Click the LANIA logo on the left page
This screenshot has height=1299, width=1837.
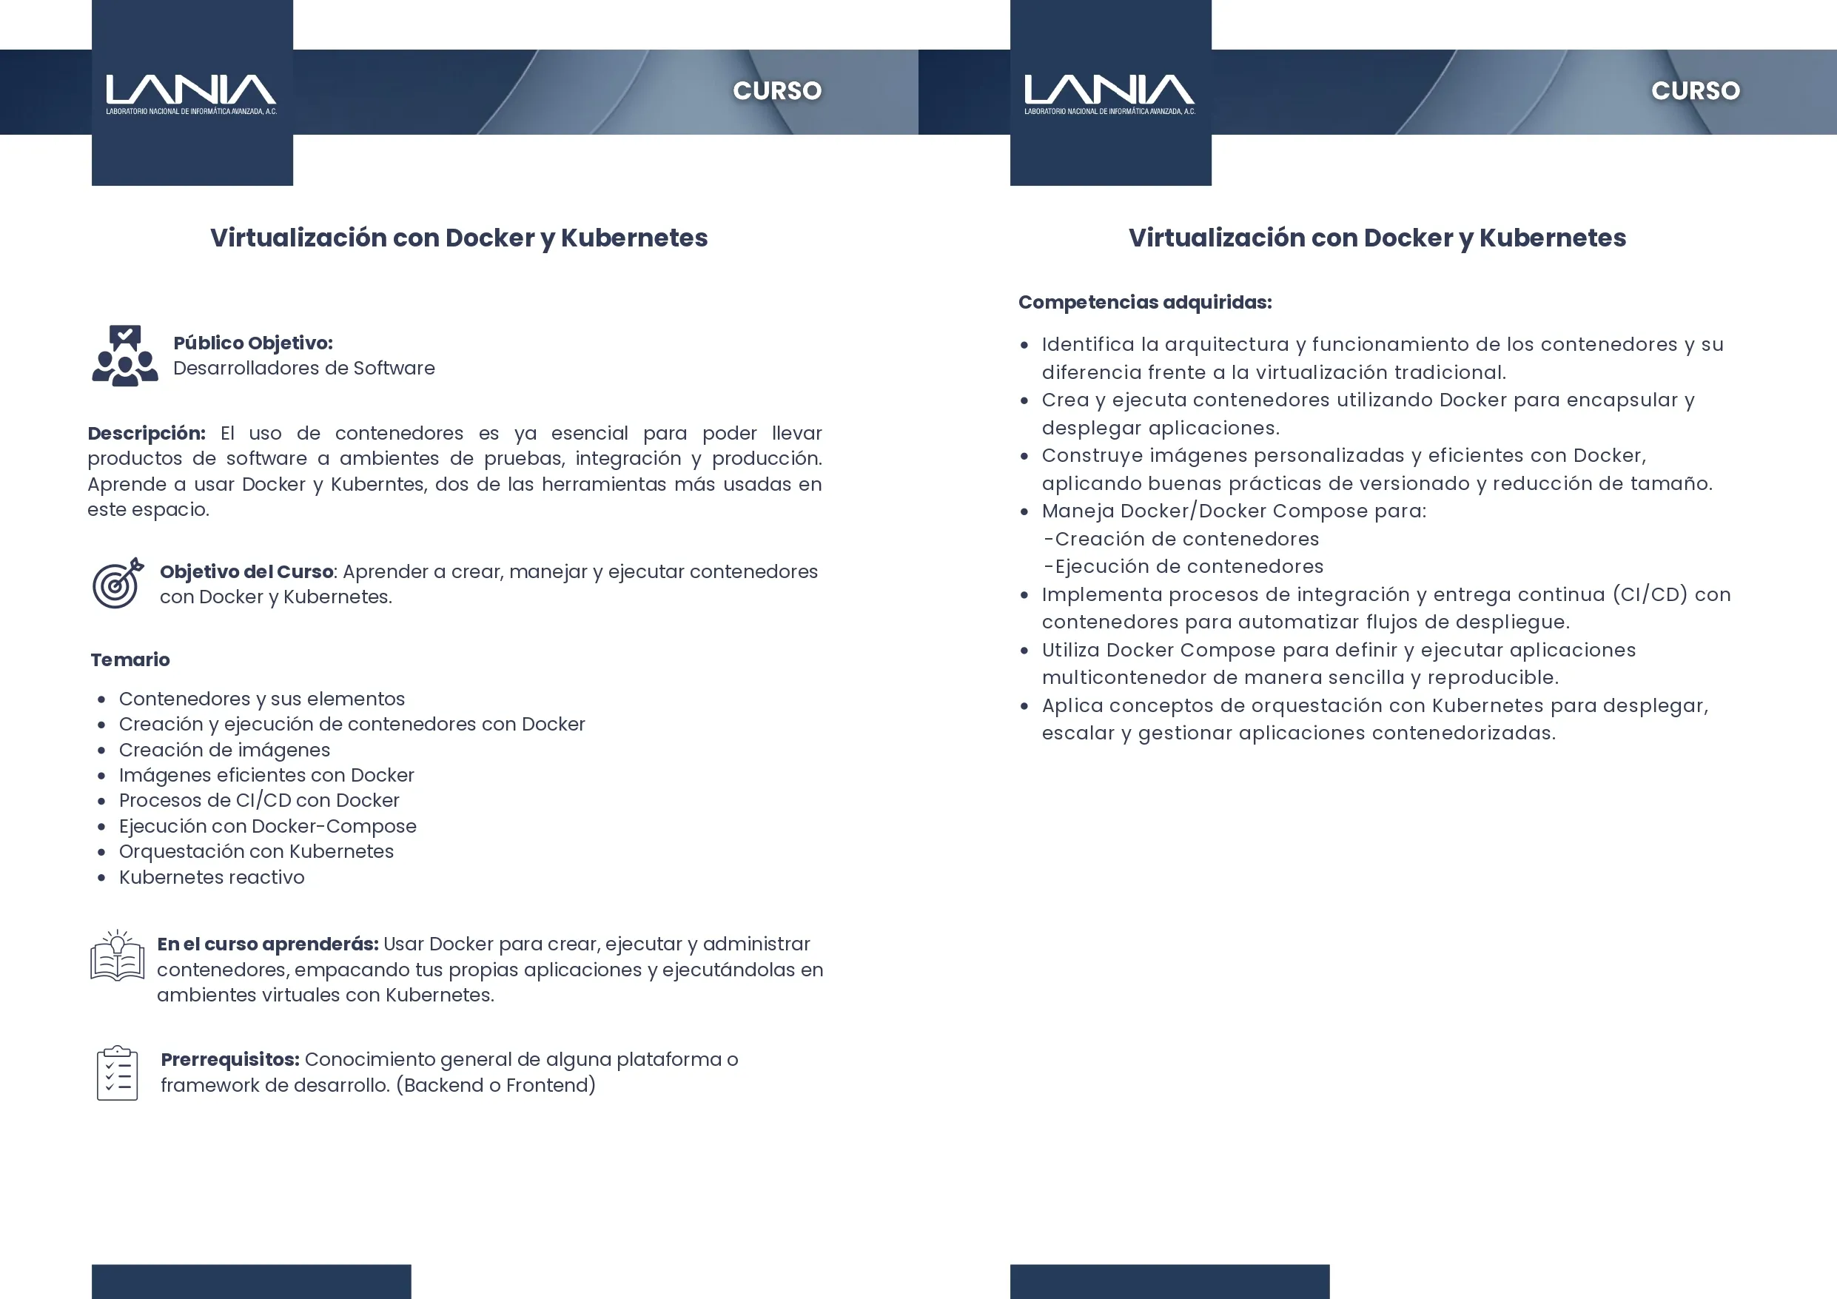[191, 93]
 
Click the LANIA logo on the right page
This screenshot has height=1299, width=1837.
[1109, 93]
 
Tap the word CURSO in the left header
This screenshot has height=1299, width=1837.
[777, 90]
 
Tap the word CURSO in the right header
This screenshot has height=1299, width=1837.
[1696, 90]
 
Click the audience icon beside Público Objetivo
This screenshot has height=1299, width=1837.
[125, 356]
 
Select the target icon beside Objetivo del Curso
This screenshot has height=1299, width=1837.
[118, 583]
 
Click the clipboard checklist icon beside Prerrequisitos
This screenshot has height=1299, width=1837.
[118, 1073]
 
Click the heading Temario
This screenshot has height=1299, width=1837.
[130, 659]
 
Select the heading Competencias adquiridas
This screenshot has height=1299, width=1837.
[1144, 303]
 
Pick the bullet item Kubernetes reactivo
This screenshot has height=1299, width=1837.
[211, 877]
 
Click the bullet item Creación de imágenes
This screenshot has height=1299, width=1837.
[224, 750]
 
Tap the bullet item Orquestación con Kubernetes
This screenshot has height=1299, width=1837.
[256, 852]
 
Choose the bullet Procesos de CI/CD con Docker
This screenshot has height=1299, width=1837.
[258, 800]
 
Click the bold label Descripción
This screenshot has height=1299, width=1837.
[147, 433]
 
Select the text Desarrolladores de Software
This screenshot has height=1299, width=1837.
[304, 368]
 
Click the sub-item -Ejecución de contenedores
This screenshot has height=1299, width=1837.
[1183, 567]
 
